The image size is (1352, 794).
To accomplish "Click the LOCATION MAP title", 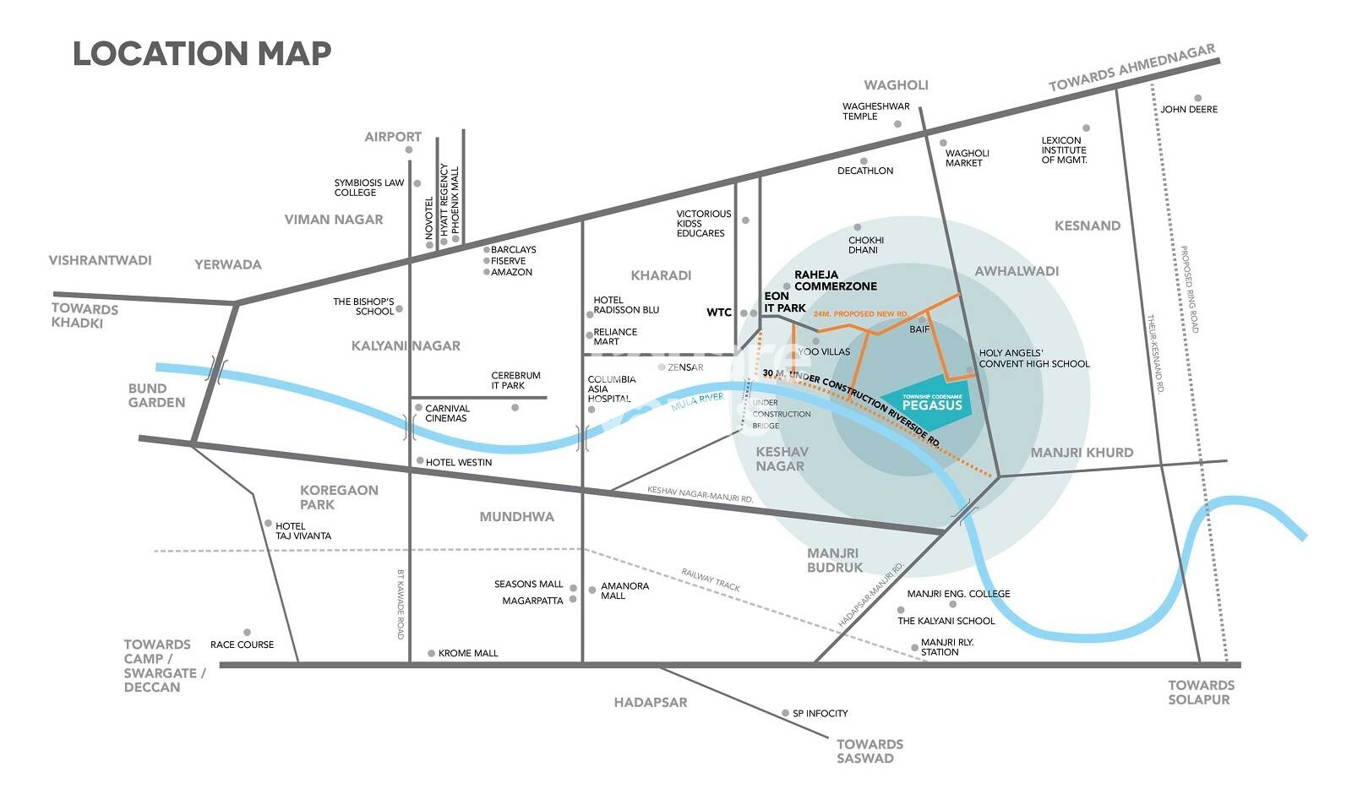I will pos(202,53).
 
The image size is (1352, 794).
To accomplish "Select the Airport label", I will pos(393,137).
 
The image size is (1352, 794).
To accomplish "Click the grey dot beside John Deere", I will pos(1197,98).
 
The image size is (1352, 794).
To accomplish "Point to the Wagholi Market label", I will pos(967,158).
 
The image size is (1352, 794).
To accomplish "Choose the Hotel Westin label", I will pos(458,462).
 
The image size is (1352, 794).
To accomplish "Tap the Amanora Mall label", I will pos(624,590).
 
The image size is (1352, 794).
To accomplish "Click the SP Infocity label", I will pos(820,714).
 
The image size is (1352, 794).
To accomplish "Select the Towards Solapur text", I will pos(1201,692).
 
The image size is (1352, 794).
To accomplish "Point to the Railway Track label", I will pos(711,579).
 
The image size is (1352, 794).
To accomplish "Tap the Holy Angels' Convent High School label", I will pos(1033,358).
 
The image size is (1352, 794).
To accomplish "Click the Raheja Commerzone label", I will pos(835,280).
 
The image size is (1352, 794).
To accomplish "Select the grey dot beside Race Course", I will pos(247,632).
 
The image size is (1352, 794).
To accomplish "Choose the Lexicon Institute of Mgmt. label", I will pos(1064,150).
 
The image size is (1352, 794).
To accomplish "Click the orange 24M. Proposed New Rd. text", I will pos(860,313).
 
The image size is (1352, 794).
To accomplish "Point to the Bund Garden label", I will pos(156,395).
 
